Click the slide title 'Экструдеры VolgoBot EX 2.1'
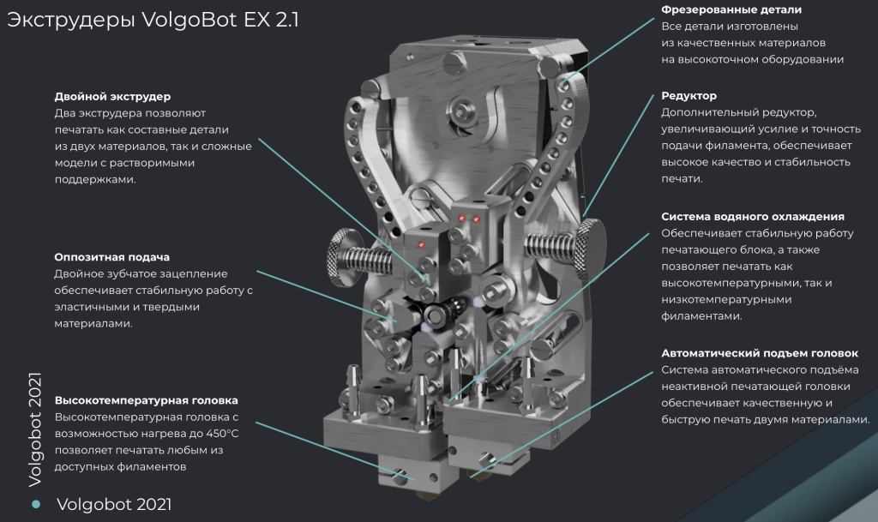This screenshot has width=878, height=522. pyautogui.click(x=153, y=20)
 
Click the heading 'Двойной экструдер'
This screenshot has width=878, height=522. pyautogui.click(x=112, y=96)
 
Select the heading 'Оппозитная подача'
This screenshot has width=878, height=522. pyautogui.click(x=112, y=257)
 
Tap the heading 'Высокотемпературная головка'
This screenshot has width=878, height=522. pyautogui.click(x=146, y=400)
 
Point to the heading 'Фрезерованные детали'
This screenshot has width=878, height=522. pyautogui.click(x=731, y=10)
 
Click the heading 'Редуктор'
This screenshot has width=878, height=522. pyautogui.click(x=689, y=96)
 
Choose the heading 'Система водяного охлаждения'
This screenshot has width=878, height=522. pyautogui.click(x=753, y=217)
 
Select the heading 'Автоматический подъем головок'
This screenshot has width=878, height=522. pyautogui.click(x=760, y=353)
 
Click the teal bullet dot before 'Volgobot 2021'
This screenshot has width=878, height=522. pyautogui.click(x=36, y=504)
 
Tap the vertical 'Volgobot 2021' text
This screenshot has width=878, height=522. pyautogui.click(x=35, y=429)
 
